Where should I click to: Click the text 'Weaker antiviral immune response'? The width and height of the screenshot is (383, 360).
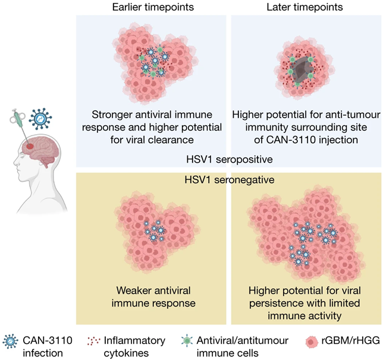pos(152,297)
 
